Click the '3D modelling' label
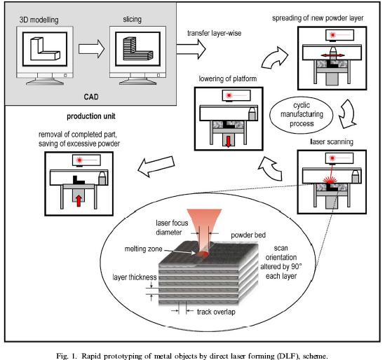[39, 20]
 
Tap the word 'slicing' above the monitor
[133, 20]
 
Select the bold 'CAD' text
[91, 97]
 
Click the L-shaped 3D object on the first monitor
[45, 49]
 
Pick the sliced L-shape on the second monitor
[137, 48]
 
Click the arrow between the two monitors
[92, 49]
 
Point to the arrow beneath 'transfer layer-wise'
[191, 49]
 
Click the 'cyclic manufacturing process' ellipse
[302, 115]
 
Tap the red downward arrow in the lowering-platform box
[229, 141]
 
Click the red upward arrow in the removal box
[79, 200]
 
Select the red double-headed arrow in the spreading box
[332, 55]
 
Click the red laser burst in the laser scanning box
[330, 180]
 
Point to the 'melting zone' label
[143, 249]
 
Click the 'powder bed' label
[248, 235]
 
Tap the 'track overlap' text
[216, 312]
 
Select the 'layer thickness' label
[135, 277]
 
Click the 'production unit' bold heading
[91, 116]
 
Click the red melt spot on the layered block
[202, 254]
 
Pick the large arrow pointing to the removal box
[156, 166]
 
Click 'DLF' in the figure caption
[289, 356]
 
